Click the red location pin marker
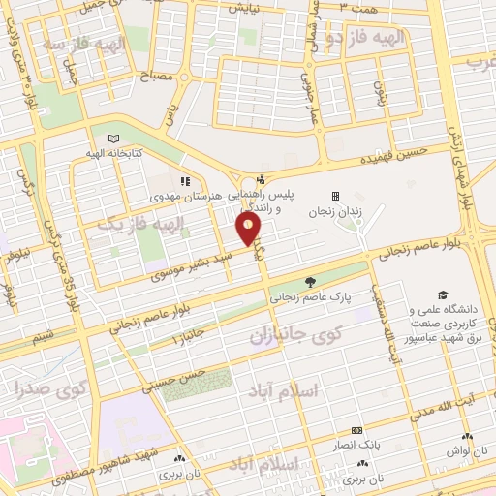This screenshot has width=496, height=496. coord(249,230)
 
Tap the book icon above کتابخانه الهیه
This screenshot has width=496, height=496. coord(115,139)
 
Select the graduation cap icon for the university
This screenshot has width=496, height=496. coord(443,294)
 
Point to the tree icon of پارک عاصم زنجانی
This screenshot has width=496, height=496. coord(310,283)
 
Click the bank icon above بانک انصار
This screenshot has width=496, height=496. coord(356,429)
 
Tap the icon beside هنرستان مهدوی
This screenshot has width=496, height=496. coord(185,180)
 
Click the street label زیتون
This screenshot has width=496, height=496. coord(380,91)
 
